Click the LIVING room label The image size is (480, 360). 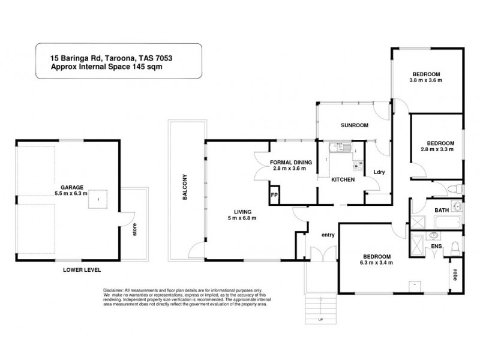(242, 211)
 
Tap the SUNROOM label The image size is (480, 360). (354, 125)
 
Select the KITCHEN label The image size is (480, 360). (343, 179)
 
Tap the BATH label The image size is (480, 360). (442, 211)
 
